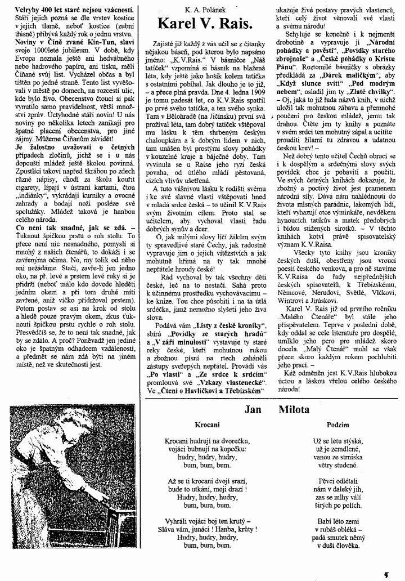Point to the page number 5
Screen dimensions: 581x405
pyautogui.click(x=386, y=573)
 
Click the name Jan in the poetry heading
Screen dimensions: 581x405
pyautogui.click(x=253, y=410)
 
